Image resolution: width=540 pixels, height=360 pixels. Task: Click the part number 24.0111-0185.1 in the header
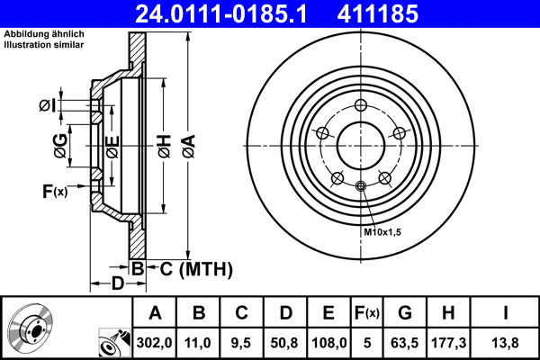pos(220,13)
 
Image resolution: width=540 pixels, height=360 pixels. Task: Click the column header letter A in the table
pos(155,313)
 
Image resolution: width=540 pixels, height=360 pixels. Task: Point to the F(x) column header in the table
pos(366,313)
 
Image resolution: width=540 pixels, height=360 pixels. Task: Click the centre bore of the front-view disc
pos(360,145)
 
